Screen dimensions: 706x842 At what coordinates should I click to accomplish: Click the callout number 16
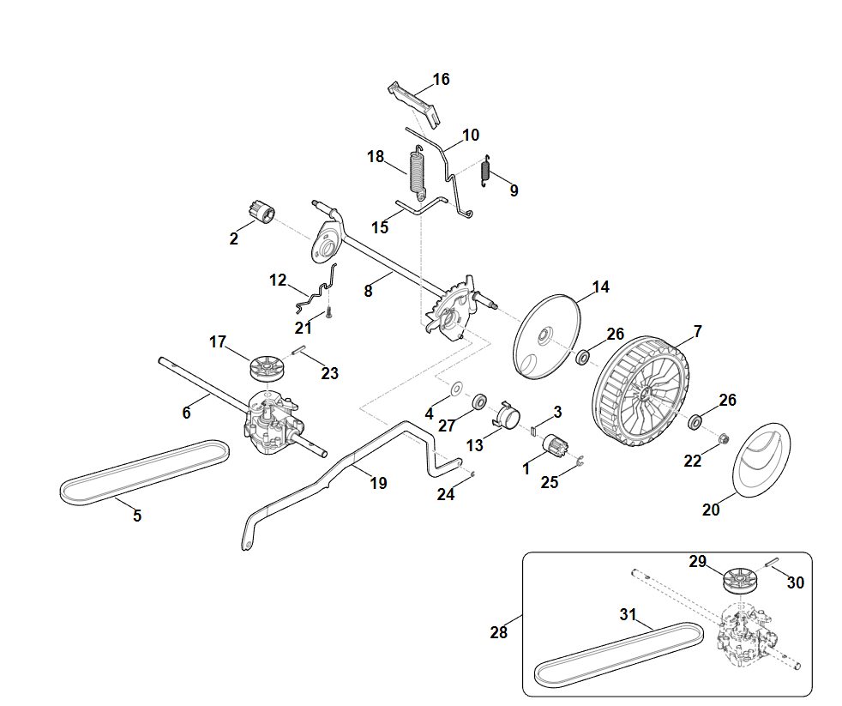tap(441, 80)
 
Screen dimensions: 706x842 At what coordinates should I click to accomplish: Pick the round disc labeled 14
tap(545, 335)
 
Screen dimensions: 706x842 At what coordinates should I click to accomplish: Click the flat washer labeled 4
tap(455, 388)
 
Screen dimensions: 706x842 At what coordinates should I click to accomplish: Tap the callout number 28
tap(498, 633)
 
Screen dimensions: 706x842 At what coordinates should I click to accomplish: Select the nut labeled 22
tap(724, 439)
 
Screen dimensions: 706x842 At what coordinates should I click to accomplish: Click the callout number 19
tap(378, 484)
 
